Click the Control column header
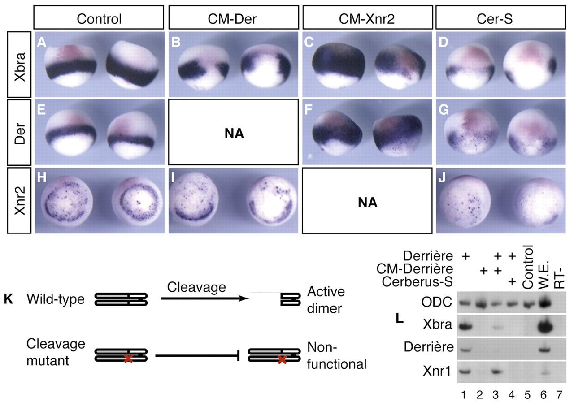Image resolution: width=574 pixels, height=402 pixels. point(99,19)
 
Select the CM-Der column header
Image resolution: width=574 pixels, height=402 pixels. point(233,19)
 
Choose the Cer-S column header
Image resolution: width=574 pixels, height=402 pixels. point(500,19)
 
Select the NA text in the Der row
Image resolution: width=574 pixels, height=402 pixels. point(233,133)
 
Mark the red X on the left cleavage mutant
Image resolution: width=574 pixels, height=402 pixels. point(128,359)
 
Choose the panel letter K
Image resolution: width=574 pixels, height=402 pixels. point(8,299)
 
